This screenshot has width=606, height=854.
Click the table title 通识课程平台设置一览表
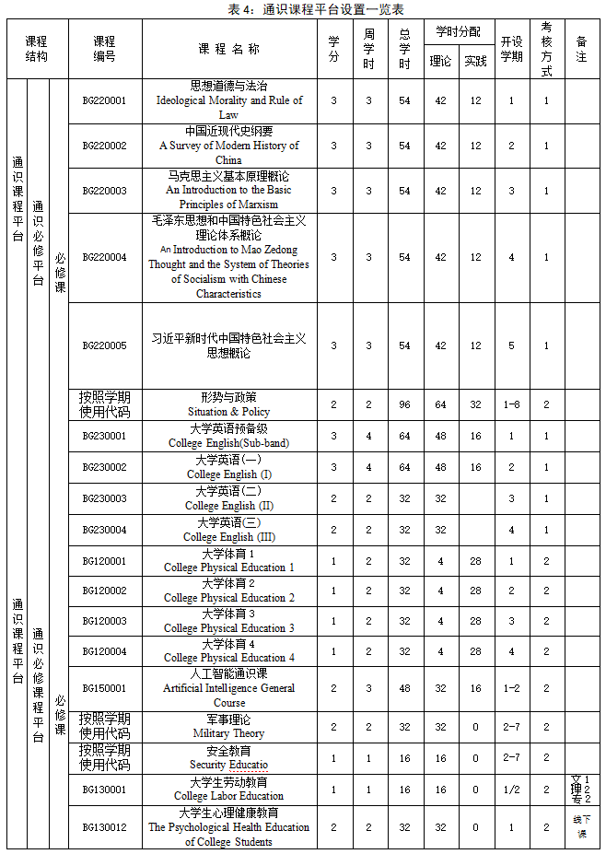click(x=303, y=8)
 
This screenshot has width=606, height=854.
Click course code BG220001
click(x=104, y=100)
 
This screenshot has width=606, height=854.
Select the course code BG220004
click(x=104, y=257)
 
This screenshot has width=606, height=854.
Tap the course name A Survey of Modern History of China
click(x=229, y=146)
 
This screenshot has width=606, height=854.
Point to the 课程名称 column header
click(x=229, y=49)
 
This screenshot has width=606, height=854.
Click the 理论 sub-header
click(x=440, y=62)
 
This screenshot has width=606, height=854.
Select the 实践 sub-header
click(x=475, y=62)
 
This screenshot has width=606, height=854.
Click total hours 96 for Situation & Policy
click(x=404, y=404)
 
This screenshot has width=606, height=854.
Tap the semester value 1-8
click(x=512, y=404)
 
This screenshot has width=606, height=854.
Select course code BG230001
click(x=104, y=436)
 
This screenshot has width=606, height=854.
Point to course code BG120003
click(x=104, y=621)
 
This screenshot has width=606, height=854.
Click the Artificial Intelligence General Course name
click(x=229, y=688)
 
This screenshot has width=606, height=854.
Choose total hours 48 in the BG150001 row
click(x=404, y=688)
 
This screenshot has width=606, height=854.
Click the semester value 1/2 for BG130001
click(x=512, y=790)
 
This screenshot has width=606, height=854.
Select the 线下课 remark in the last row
click(x=581, y=825)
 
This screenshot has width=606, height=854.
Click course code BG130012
click(x=104, y=827)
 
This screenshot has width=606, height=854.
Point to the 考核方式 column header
click(x=547, y=49)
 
